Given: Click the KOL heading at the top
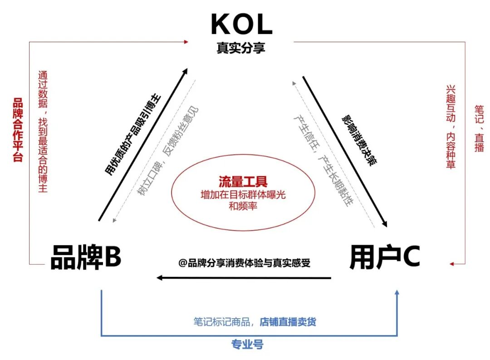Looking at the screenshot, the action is [x=241, y=25].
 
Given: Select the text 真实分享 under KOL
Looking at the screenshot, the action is [x=241, y=48].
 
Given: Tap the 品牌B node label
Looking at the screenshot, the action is [x=86, y=257].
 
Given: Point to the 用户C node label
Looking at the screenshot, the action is [x=385, y=257].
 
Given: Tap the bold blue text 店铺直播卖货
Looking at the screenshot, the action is [x=288, y=322].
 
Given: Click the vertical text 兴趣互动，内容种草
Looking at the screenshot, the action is [x=451, y=127].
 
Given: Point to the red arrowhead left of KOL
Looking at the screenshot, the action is [x=186, y=42].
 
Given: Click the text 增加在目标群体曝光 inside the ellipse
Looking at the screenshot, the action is [x=243, y=195].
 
